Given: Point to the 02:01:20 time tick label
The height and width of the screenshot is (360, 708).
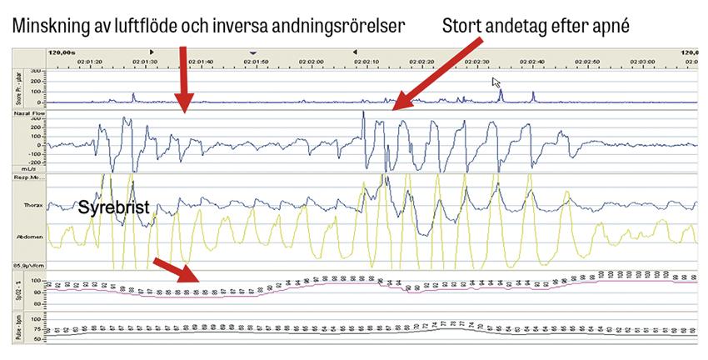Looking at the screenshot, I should (x=90, y=60).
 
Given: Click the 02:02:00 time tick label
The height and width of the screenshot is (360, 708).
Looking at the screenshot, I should (x=311, y=60).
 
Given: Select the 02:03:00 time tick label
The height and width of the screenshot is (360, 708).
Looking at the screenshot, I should (x=642, y=60).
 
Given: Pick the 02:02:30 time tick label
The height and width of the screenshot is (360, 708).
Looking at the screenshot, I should (x=476, y=60).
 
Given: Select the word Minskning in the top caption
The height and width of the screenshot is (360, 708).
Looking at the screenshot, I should (x=49, y=27).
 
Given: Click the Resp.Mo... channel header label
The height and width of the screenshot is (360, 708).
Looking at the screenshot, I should (x=29, y=177).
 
